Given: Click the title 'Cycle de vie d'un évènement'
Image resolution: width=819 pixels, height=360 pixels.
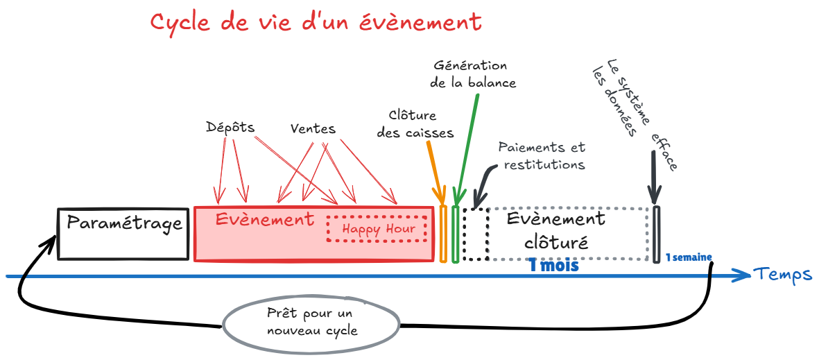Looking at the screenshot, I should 316,22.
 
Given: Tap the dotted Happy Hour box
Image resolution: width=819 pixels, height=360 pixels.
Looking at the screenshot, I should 377,229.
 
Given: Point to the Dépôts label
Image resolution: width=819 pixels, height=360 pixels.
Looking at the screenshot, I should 230,128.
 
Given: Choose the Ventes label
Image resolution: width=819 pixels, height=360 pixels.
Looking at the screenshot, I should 313,129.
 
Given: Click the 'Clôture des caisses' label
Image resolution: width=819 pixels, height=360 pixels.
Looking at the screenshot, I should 415,123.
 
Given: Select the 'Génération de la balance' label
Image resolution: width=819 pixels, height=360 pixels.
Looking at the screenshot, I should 472,74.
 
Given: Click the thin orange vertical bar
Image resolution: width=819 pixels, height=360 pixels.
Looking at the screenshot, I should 443,233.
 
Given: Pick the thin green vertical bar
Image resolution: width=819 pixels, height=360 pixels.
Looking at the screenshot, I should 455,233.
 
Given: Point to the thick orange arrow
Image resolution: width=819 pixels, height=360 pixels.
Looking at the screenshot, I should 436,166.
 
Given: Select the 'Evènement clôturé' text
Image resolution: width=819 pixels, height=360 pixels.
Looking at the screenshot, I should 555,231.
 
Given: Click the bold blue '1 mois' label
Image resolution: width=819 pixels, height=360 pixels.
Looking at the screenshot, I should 553,265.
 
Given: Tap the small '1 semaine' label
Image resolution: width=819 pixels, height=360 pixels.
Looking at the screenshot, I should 688,257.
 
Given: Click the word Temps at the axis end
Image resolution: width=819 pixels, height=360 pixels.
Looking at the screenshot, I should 784,274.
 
